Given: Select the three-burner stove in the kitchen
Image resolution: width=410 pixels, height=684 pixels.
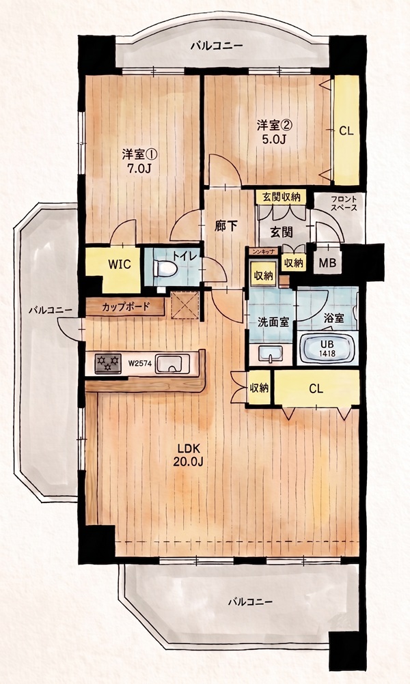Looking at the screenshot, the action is coord(107,363).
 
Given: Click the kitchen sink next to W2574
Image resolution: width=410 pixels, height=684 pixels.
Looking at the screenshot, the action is coord(172,363).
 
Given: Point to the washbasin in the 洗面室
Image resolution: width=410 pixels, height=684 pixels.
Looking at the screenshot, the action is coord(271,354).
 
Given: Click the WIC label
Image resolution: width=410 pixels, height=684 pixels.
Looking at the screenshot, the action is coord(119,265).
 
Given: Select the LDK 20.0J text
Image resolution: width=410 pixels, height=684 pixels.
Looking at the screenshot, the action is coord(188,455).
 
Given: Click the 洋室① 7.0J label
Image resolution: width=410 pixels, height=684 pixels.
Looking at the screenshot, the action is coord(139,161).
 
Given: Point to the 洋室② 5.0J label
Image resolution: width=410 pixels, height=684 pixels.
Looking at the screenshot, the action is coord(274,132).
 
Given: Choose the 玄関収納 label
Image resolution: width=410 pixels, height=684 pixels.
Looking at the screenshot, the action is coord(282,197).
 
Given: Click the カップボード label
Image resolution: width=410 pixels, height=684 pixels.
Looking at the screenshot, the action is coord(126,307).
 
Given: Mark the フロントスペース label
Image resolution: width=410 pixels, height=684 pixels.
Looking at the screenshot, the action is coord(344,203).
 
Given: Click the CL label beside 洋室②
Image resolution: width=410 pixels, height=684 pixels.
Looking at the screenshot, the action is coord(346,131).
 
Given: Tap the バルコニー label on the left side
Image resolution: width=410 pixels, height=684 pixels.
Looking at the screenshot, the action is coord(50,311).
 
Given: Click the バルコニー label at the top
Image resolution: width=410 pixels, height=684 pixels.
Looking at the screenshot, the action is coord(217,46).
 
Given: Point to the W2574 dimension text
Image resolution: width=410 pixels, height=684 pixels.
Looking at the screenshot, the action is coord(139,363).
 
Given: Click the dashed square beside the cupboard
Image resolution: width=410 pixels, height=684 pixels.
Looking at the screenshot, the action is coord(184,305).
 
